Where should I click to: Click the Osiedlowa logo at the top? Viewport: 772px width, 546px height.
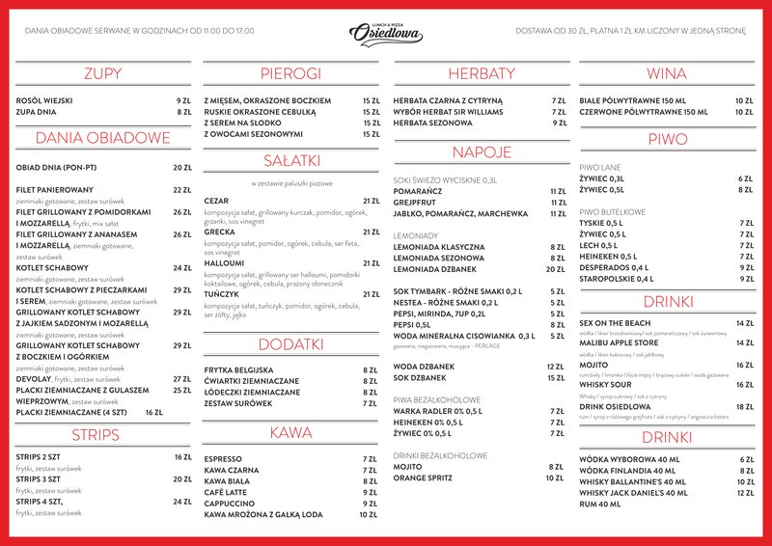point(386,33)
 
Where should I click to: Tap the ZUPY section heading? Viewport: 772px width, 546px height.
point(102,73)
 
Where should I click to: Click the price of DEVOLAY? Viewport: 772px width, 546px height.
point(181,379)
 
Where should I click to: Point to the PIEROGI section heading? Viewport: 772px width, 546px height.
point(290,73)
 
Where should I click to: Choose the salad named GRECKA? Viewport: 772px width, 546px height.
point(220,232)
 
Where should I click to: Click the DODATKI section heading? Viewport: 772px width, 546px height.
point(290,343)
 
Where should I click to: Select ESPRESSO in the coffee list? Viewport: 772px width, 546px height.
point(224,459)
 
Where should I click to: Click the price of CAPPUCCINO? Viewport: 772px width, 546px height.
point(370,504)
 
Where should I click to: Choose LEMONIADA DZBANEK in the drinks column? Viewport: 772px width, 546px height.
point(439,269)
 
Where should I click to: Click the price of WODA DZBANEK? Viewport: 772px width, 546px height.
point(555,367)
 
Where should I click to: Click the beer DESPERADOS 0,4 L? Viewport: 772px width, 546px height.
point(619,268)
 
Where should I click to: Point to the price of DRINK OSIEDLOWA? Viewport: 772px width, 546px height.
point(744,407)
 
